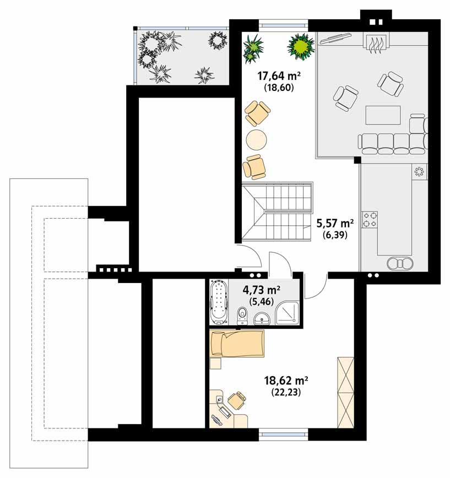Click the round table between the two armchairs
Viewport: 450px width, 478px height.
pyautogui.click(x=257, y=140)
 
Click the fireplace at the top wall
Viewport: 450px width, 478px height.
pyautogui.click(x=376, y=42)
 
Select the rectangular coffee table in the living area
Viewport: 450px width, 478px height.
pyautogui.click(x=383, y=115)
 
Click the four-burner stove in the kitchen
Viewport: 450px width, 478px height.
pyautogui.click(x=370, y=219)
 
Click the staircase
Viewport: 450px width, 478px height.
pyautogui.click(x=278, y=212)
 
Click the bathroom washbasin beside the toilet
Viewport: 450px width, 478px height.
pyautogui.click(x=263, y=318)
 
